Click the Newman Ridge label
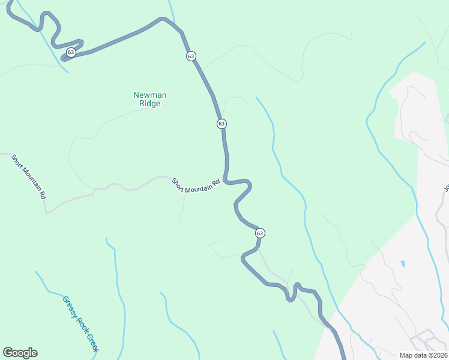coord(149,99)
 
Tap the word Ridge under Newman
coord(149,103)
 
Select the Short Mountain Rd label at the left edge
coord(28,176)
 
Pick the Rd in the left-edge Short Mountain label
coord(42,194)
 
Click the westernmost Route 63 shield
coord(71,52)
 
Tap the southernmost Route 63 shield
coord(259,233)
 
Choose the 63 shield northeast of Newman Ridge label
coord(191,56)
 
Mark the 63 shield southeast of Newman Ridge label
coord(221,124)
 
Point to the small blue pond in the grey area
coord(402,263)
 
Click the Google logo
coord(20,353)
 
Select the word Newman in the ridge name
coord(149,95)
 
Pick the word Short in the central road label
coord(179,182)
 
